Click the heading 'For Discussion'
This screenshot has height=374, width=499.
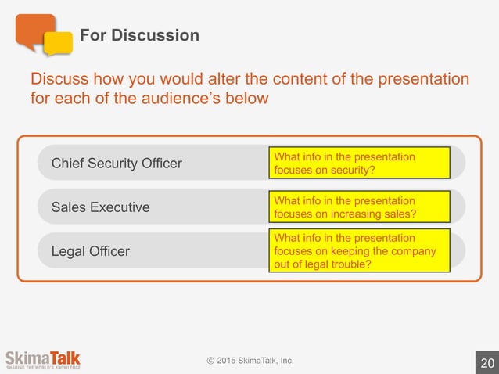[139, 36]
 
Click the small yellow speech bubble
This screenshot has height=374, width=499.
[58, 44]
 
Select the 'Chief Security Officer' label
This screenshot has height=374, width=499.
[117, 164]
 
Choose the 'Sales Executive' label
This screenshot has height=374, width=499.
[100, 207]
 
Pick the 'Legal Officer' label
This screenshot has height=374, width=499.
[91, 251]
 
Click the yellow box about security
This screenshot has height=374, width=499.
[359, 164]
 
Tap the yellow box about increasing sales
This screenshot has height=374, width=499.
[359, 207]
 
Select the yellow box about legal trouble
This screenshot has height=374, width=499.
[359, 251]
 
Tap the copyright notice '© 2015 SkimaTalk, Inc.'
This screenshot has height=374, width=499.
[250, 360]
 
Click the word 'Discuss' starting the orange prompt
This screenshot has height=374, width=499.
[59, 80]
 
